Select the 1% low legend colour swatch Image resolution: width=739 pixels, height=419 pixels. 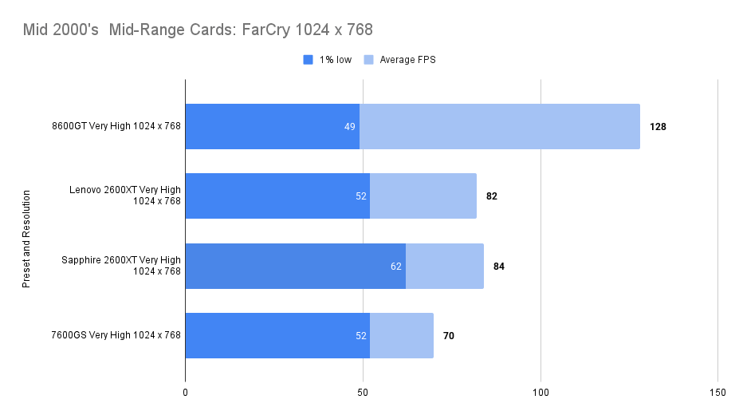(308, 60)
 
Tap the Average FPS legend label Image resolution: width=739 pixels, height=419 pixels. (407, 60)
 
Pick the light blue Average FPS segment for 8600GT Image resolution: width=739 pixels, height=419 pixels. (499, 126)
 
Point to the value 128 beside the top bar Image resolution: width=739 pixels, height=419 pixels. (658, 127)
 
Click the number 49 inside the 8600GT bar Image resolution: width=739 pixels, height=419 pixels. (350, 127)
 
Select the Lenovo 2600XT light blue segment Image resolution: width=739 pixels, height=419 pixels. (423, 196)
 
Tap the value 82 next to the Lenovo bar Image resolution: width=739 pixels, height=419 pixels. (491, 196)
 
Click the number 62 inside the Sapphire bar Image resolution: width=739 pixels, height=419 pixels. (396, 267)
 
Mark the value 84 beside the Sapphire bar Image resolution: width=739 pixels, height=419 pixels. (499, 267)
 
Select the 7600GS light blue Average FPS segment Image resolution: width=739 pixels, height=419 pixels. (401, 335)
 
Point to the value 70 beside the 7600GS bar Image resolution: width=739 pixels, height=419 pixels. (449, 336)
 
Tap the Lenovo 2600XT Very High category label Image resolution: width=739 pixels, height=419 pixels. (125, 196)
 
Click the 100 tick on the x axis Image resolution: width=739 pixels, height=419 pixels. (540, 393)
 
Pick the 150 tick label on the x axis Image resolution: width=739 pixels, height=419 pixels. (717, 393)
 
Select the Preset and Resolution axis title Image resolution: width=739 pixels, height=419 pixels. (26, 239)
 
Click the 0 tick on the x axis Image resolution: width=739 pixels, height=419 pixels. (185, 393)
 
